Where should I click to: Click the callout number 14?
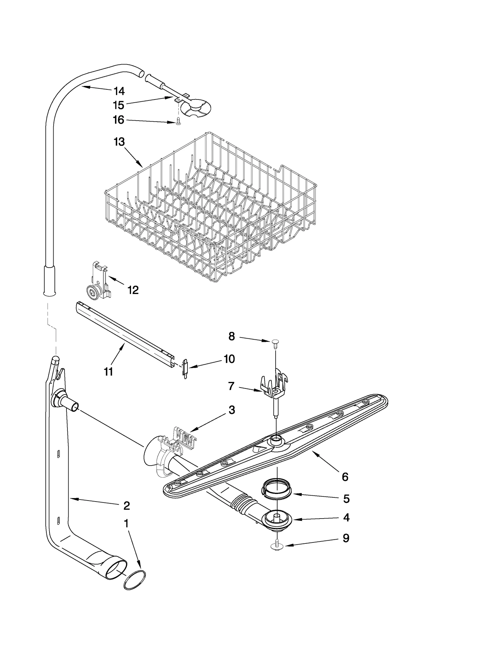pyautogui.click(x=119, y=91)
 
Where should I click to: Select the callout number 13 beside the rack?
pyautogui.click(x=119, y=142)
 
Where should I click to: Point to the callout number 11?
pyautogui.click(x=108, y=372)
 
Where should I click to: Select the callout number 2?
pyautogui.click(x=126, y=506)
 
